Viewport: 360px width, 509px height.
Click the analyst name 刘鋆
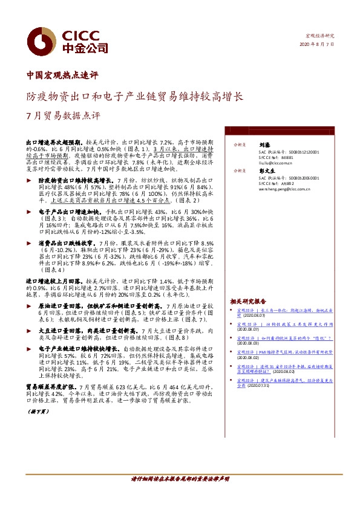tap(264, 145)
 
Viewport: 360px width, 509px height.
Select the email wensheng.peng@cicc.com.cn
tap(282, 189)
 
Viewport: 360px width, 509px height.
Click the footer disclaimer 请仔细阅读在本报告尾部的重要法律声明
tap(180, 495)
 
